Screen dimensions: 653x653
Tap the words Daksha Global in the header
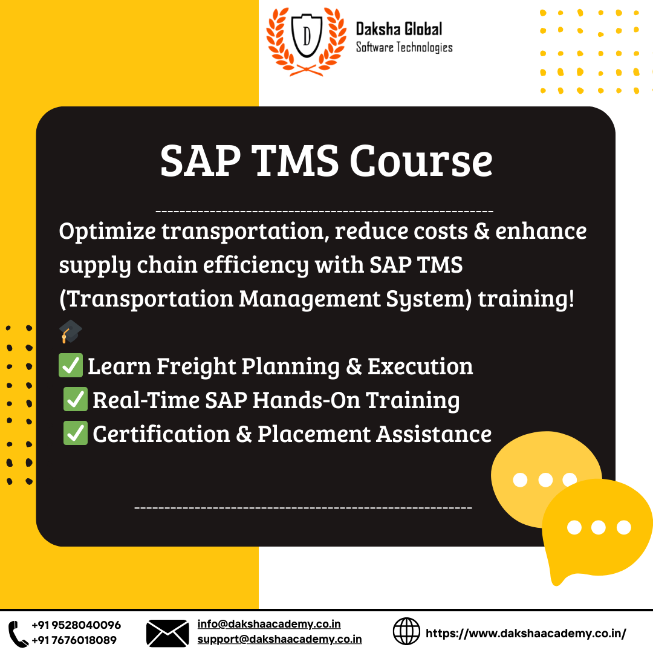[398, 28]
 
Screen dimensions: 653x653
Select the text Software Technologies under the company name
[404, 47]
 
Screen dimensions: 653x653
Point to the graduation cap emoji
[71, 331]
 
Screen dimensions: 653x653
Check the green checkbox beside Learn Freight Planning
[71, 366]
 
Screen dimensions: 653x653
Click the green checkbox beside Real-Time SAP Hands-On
[76, 400]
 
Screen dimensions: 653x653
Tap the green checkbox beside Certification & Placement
[76, 434]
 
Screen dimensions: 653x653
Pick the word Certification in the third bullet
[161, 434]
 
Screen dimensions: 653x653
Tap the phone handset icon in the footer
[18, 632]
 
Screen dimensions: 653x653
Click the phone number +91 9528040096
[76, 625]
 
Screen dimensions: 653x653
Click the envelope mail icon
[167, 633]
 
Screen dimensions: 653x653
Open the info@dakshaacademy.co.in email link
[269, 625]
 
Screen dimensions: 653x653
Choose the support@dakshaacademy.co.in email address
[279, 639]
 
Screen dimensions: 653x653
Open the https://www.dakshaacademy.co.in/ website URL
[526, 633]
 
